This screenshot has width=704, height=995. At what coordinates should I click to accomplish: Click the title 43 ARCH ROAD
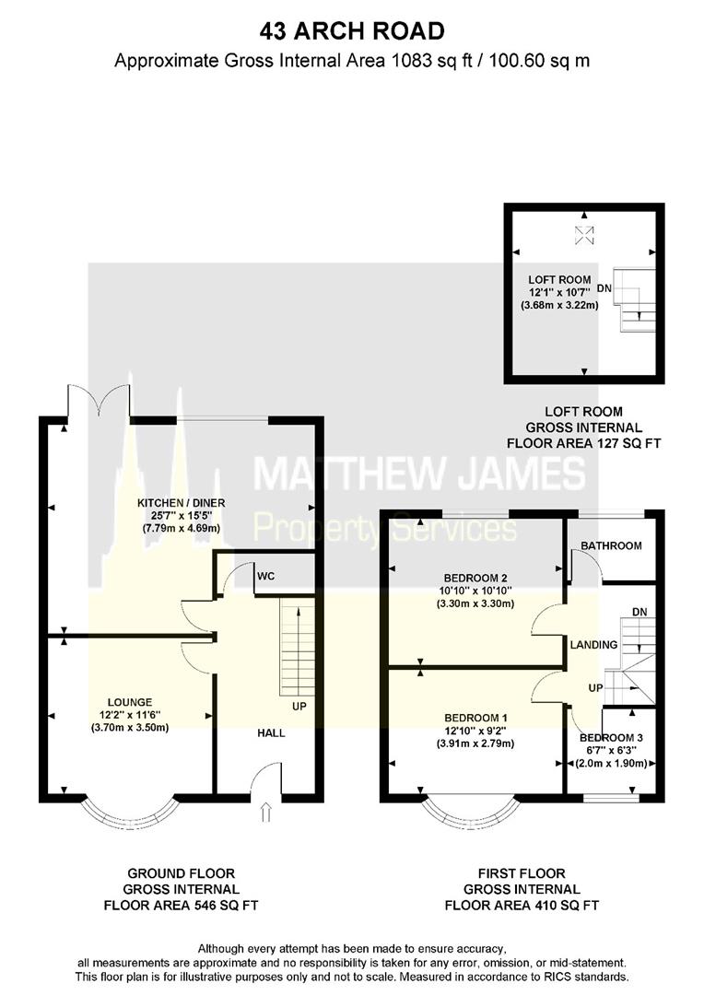(x=352, y=30)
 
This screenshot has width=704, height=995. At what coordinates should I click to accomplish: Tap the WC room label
(x=265, y=576)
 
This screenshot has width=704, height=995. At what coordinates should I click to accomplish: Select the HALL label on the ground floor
(x=271, y=733)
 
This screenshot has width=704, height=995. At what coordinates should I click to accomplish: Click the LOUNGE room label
(x=130, y=702)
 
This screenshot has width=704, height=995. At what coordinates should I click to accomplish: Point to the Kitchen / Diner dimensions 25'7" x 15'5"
(x=181, y=516)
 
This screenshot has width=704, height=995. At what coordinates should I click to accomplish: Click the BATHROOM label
(x=611, y=545)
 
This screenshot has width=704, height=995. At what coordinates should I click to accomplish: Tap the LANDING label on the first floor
(x=593, y=645)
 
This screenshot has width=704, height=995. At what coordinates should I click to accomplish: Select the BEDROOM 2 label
(x=475, y=578)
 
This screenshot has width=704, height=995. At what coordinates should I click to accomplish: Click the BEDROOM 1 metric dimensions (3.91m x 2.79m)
(x=475, y=743)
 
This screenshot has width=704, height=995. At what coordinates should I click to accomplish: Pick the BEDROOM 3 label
(x=611, y=738)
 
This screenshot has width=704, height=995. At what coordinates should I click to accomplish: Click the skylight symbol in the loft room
(x=584, y=236)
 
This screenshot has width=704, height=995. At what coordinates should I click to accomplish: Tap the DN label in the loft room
(x=604, y=288)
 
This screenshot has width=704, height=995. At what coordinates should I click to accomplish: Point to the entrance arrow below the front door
(x=266, y=812)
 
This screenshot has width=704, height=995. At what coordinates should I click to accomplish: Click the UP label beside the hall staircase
(x=299, y=707)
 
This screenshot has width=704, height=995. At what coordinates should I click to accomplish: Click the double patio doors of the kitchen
(x=100, y=401)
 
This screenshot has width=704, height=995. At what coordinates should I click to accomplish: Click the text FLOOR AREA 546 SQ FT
(x=181, y=906)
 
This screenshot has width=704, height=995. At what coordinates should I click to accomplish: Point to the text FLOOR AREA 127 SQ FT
(x=583, y=443)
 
